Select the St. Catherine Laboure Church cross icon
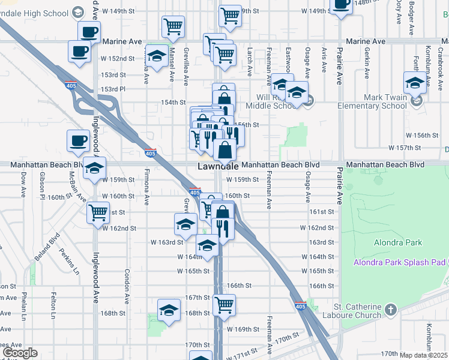[391, 310]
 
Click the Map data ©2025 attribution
[423, 355]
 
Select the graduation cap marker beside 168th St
[169, 311]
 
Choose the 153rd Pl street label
[114, 89]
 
